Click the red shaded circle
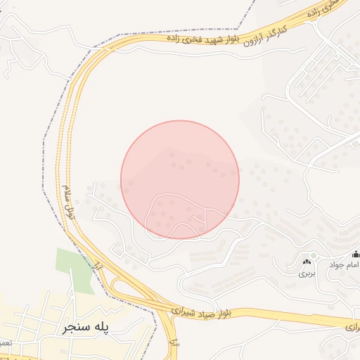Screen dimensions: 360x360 [180, 179]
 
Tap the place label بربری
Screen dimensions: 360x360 [306, 271]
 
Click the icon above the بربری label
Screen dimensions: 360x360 [307, 262]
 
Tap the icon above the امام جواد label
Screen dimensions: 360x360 [356, 255]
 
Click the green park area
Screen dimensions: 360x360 [77, 269]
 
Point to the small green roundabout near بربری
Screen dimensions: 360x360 [313, 255]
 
